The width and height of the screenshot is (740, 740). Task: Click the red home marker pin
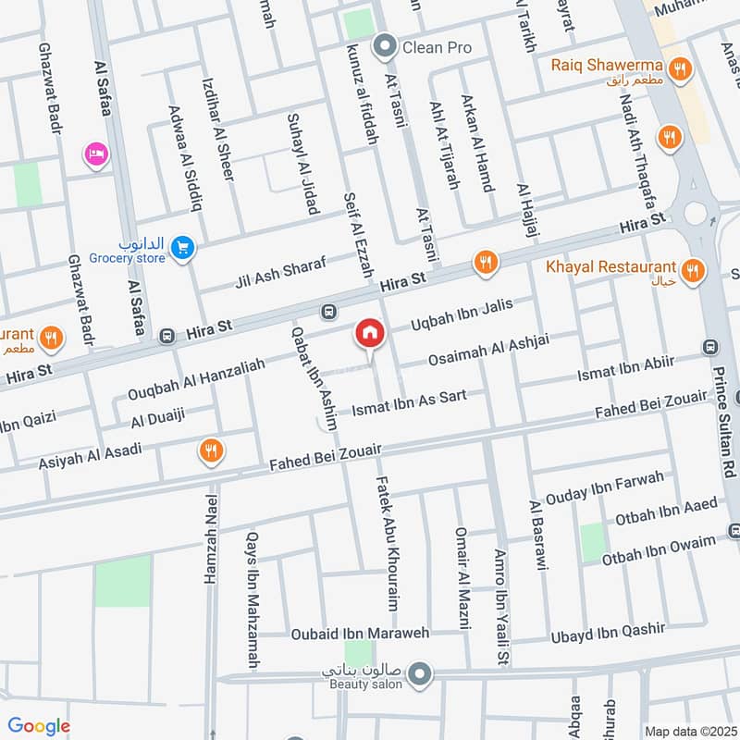coord(369,335)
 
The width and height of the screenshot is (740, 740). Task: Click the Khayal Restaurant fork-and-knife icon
coord(691,271)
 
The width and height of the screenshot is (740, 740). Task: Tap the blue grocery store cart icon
coord(183,247)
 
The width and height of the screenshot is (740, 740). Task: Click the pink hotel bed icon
coord(95,154)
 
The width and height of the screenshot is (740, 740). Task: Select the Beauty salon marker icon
coord(421,673)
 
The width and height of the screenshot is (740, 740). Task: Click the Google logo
coord(39,726)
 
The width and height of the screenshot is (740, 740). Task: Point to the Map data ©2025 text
coord(689,731)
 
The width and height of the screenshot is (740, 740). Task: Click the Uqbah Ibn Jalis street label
coord(473,313)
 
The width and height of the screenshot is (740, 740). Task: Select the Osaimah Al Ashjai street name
coord(487,351)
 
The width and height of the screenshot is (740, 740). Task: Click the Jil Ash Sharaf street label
coord(281,272)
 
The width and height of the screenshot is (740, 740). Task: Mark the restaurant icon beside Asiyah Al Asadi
coord(211,450)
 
